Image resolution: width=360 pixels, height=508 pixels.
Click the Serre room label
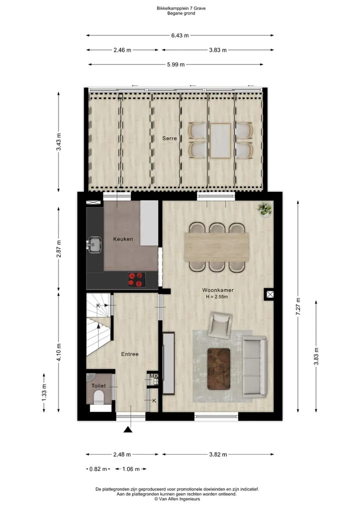[x=169, y=138]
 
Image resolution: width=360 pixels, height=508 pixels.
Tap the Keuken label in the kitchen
[x=123, y=239]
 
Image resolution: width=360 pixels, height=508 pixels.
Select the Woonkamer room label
[x=217, y=290]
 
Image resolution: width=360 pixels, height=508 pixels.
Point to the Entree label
[x=129, y=354]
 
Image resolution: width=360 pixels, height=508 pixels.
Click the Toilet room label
[x=98, y=386]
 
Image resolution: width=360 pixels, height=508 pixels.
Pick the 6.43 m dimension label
[x=180, y=35]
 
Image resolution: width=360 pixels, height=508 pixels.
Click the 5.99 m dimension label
[x=176, y=64]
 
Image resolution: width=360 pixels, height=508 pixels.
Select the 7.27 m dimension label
[x=298, y=306]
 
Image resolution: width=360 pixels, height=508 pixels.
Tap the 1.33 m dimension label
[x=44, y=393]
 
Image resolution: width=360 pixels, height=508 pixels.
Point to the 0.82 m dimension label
[x=98, y=469]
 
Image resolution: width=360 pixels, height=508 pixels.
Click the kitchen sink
[x=94, y=245]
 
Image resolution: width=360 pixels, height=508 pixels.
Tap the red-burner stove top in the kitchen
[x=136, y=280]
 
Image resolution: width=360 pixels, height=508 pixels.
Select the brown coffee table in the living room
[x=218, y=369]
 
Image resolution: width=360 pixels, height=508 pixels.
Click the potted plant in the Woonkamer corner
[x=265, y=209]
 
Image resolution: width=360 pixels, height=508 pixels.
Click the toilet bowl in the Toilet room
[x=97, y=397]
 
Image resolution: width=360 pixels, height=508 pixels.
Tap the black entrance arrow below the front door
[x=128, y=430]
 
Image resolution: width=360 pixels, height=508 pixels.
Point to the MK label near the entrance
[x=153, y=376]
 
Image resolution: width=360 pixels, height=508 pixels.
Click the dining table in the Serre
[x=220, y=140]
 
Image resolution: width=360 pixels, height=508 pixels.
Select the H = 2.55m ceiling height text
[x=217, y=297]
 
